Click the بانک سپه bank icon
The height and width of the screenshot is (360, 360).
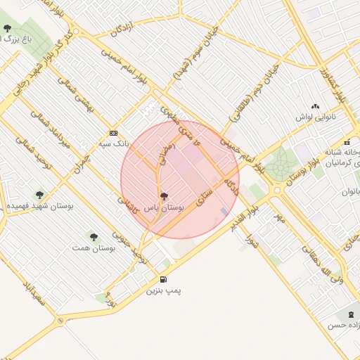pos(113,133)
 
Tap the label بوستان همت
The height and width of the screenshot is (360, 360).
pos(94,248)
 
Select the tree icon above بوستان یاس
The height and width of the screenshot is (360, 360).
pos(164,197)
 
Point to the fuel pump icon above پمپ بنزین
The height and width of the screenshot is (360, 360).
pos(164,279)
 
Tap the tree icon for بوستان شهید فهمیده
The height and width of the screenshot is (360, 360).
pos(39,194)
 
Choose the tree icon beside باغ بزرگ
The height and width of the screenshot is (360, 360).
pos(7,29)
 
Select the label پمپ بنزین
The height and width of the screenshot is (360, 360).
pos(162,290)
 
